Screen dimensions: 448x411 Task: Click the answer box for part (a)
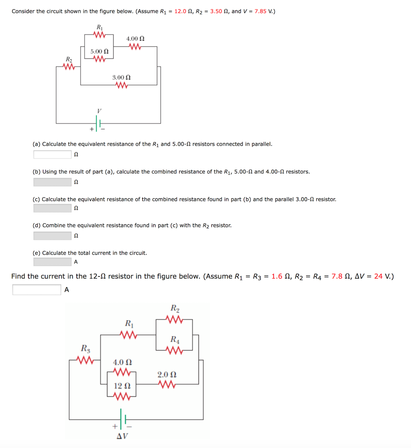(52, 154)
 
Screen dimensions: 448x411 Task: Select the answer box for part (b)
(52, 182)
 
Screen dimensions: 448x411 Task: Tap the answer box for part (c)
(52, 208)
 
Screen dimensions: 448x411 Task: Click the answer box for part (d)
(52, 236)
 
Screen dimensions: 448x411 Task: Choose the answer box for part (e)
(52, 262)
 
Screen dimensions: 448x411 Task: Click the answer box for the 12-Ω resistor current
(37, 290)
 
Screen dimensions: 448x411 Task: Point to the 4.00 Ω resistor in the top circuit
(135, 47)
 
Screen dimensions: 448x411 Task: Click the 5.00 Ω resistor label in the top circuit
(99, 52)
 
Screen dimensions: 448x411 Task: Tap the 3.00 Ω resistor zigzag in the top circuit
(121, 85)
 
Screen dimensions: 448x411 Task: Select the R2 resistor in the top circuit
(68, 66)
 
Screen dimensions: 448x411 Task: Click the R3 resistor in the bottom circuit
(85, 359)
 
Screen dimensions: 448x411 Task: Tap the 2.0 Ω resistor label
(166, 375)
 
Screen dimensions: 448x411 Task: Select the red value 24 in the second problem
(378, 276)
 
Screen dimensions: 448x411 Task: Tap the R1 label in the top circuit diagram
(99, 27)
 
